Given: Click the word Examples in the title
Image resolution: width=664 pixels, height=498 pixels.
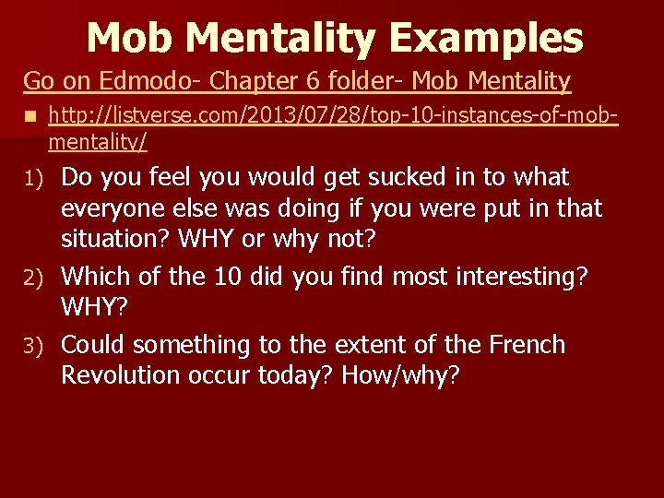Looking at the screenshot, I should [x=486, y=39].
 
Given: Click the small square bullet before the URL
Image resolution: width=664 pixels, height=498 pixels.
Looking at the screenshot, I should [x=30, y=117].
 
